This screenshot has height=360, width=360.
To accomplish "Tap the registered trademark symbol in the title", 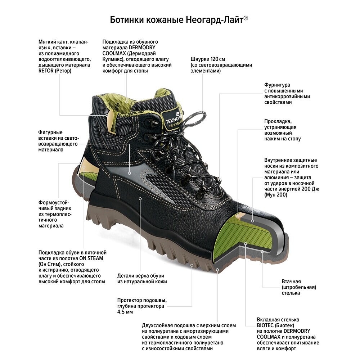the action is pos(246,18).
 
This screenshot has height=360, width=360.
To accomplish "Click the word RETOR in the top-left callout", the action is pos(46,71).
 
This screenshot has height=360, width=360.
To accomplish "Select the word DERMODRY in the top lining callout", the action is pos(142,48).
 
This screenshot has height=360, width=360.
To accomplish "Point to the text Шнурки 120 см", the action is pos(208,59).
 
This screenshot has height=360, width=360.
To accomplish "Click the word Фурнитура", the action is pos(277,85).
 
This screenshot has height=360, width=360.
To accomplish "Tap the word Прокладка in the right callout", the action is pos(278,121).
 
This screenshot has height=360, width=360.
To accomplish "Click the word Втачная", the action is pos(291,282).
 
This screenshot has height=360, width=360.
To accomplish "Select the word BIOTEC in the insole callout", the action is pos(265,325).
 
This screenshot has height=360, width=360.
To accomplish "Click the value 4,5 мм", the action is pos(125,312).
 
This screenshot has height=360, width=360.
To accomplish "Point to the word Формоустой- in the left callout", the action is pos(54,203).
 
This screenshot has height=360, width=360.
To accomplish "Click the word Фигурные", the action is pos(50,132).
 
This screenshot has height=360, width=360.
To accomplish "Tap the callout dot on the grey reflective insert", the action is pos(130,174).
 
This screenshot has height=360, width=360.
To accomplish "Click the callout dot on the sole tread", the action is pos(192,265).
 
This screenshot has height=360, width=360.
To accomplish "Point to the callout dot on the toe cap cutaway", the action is pos(253,221).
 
